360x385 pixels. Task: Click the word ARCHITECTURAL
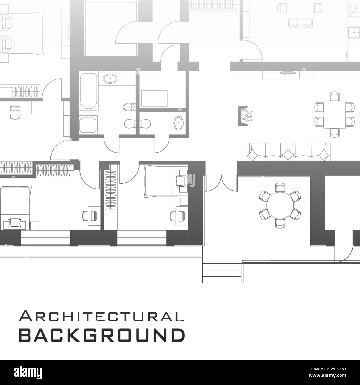[101, 316]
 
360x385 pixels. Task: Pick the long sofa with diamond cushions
[288, 152]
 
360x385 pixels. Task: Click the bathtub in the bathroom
[88, 91]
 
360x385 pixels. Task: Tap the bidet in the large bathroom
[129, 107]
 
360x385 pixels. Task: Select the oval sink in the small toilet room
[178, 123]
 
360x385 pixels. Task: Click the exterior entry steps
[222, 273]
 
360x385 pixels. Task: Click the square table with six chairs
[335, 114]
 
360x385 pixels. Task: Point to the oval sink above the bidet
[110, 78]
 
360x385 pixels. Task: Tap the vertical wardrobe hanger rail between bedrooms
[111, 190]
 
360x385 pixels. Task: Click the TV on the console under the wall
[288, 73]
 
